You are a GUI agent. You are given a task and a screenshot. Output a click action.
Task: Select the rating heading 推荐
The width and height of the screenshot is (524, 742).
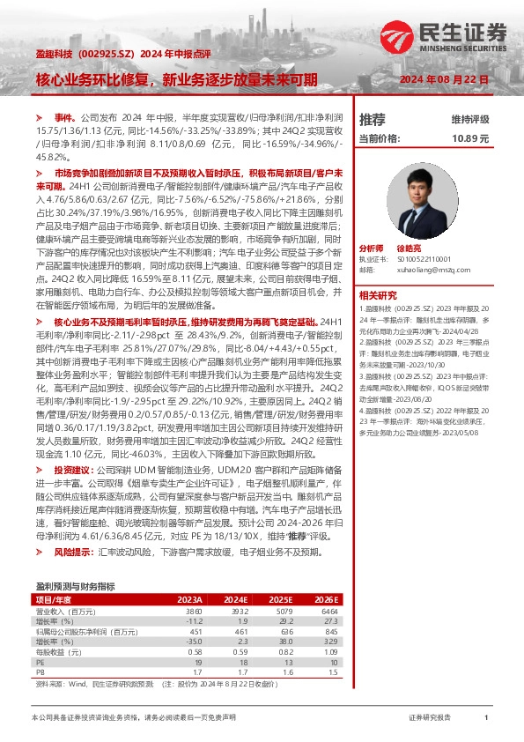click(373, 119)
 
